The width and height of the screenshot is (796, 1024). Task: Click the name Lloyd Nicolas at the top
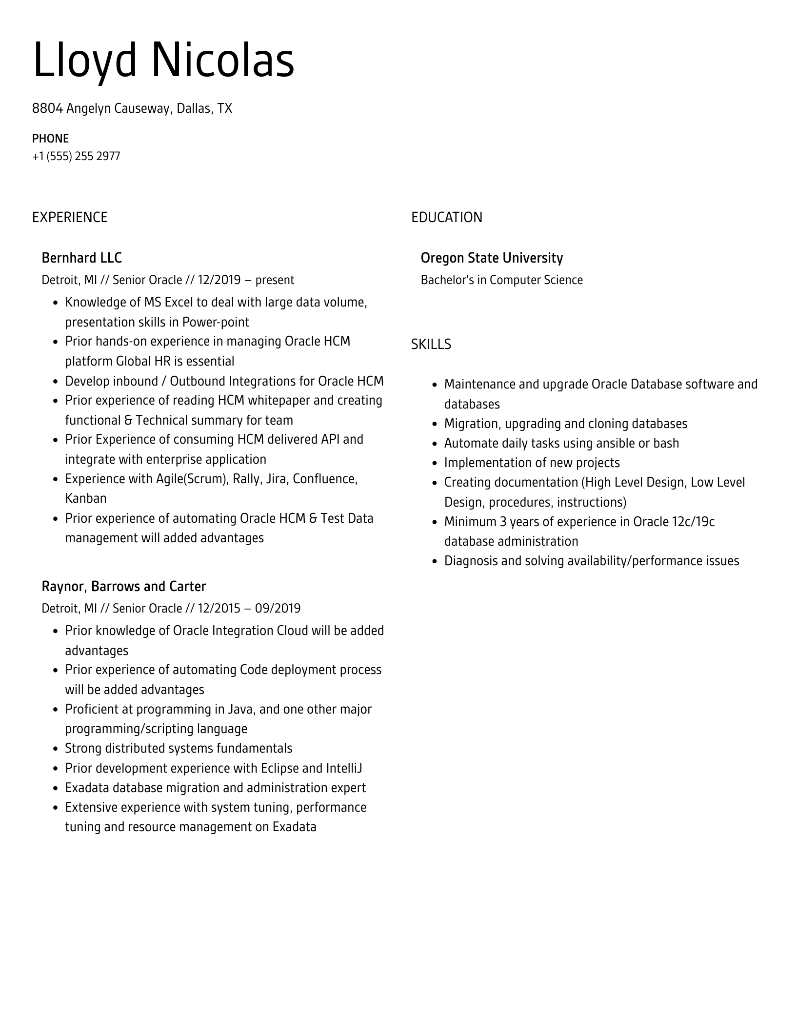pyautogui.click(x=163, y=61)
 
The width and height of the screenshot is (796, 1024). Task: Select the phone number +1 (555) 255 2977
pyautogui.click(x=76, y=156)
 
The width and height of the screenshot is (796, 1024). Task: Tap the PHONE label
pyautogui.click(x=50, y=139)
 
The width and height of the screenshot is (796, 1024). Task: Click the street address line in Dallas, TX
pyautogui.click(x=132, y=108)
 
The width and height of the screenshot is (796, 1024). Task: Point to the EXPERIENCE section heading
pyautogui.click(x=70, y=217)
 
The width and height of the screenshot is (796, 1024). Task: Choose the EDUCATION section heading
pyautogui.click(x=446, y=217)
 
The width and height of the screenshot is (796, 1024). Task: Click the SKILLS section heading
pyautogui.click(x=431, y=345)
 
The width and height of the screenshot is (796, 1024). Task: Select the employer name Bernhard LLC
pyautogui.click(x=81, y=258)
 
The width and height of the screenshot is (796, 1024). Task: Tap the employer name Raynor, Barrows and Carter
pyautogui.click(x=123, y=586)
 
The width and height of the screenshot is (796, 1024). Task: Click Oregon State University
pyautogui.click(x=492, y=258)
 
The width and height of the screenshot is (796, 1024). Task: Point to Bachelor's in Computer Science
pyautogui.click(x=501, y=280)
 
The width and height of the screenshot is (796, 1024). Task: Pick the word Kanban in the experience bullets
pyautogui.click(x=86, y=498)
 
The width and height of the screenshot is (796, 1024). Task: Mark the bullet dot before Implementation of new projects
pyautogui.click(x=436, y=463)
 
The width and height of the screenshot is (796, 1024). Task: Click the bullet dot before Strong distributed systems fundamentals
pyautogui.click(x=56, y=749)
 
